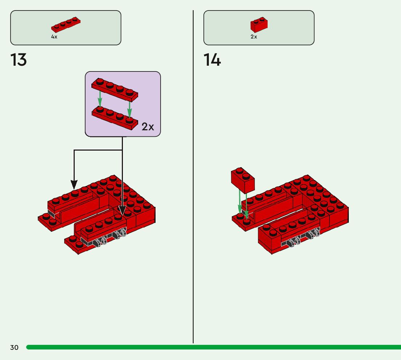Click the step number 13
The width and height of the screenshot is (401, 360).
18,60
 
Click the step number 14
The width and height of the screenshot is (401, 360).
212,60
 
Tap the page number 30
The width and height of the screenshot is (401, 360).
14,348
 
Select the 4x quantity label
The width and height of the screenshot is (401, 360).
54,37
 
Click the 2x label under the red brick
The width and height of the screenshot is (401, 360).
254,37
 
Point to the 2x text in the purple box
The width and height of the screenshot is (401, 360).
148,127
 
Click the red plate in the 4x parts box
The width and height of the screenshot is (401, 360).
66,25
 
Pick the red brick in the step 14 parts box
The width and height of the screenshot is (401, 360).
259,25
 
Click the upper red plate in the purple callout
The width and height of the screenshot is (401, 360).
115,89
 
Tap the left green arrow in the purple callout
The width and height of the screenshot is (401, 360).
100,98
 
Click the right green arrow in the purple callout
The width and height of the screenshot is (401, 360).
129,107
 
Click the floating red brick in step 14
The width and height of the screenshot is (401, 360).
243,180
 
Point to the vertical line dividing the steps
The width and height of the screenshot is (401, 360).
193,181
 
